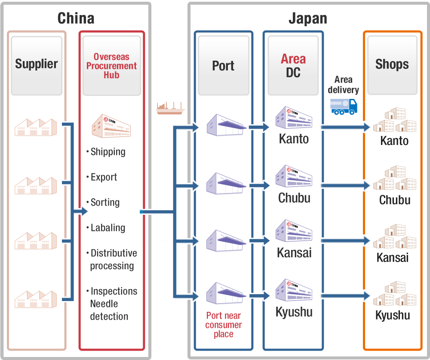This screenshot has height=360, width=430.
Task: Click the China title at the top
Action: (76, 18)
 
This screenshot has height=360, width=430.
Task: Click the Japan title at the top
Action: (307, 18)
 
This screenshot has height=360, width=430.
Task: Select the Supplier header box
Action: (37, 65)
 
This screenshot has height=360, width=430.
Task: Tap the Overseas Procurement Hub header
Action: (112, 66)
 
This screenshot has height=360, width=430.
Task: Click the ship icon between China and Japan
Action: (171, 108)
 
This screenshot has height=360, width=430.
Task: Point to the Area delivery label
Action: (343, 85)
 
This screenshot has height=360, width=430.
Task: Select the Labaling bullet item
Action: (107, 228)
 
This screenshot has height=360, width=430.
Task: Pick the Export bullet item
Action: (104, 177)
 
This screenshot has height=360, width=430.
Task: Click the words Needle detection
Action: (109, 310)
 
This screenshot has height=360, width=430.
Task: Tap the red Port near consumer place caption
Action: (224, 325)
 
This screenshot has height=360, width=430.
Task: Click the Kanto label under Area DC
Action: (294, 139)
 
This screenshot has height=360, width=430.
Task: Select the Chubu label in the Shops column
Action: (395, 200)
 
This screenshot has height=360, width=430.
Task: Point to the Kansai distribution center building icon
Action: (294, 230)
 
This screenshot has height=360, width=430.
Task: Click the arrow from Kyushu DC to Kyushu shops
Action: (346, 296)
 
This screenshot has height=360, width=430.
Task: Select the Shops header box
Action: (392, 65)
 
